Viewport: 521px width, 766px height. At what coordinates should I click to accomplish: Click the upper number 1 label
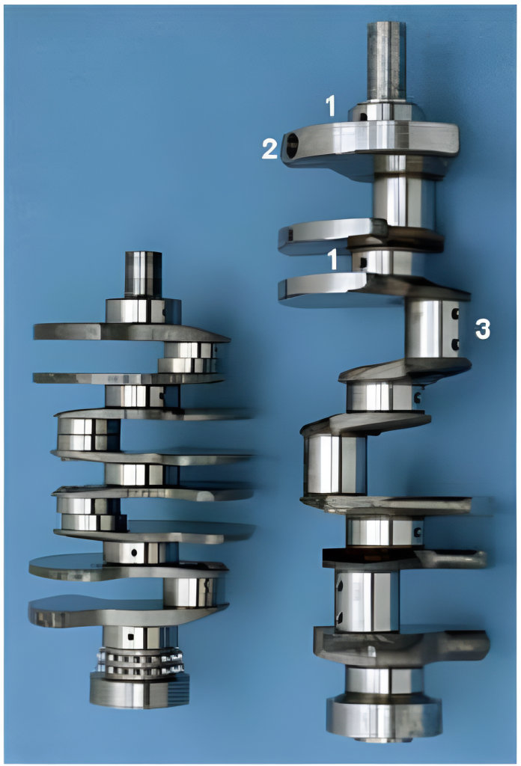click(x=332, y=105)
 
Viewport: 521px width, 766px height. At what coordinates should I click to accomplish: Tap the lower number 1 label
click(x=333, y=260)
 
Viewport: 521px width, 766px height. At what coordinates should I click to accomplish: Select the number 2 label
click(x=269, y=149)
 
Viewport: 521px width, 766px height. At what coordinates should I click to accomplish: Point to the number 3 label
click(x=482, y=330)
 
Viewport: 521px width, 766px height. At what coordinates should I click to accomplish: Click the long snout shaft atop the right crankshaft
click(x=386, y=62)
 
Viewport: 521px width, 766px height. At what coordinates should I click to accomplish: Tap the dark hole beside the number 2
click(x=292, y=146)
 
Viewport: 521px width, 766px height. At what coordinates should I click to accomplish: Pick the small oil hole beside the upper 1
click(x=363, y=117)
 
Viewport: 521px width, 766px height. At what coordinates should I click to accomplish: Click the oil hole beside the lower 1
click(x=363, y=263)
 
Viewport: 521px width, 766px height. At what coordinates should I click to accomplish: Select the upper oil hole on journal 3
click(x=455, y=313)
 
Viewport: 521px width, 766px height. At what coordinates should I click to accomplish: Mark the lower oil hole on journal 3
click(x=455, y=345)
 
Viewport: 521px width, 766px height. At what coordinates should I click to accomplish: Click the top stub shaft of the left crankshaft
click(x=143, y=275)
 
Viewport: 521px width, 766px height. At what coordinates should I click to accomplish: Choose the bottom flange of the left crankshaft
click(x=140, y=690)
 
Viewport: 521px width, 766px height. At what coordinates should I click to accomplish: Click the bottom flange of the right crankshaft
click(x=384, y=717)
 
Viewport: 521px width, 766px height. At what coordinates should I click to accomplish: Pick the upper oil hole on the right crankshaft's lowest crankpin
click(x=340, y=584)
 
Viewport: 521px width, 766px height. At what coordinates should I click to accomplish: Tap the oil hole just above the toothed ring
click(x=130, y=637)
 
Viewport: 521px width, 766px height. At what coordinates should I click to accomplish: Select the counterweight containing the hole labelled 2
click(x=369, y=144)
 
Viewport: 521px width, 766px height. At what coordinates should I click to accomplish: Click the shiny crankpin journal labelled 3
click(x=432, y=329)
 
